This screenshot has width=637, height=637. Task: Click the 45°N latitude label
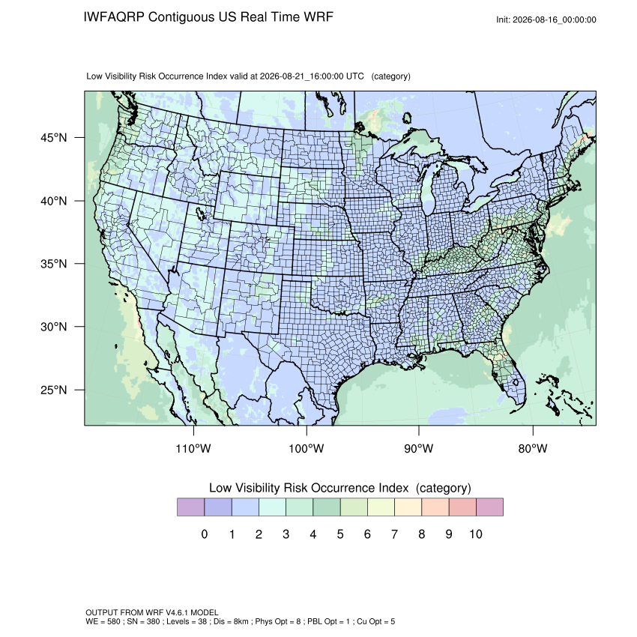click(54, 138)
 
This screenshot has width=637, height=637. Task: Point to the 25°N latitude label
click(54, 390)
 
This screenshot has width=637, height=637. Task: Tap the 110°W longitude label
click(193, 449)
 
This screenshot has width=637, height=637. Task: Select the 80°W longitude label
click(533, 449)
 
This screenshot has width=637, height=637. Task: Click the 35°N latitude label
click(54, 264)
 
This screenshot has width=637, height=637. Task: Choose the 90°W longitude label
click(418, 449)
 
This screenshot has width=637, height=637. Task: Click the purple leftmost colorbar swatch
click(190, 507)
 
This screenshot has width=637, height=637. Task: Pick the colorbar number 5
click(340, 534)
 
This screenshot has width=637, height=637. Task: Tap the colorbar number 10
click(476, 534)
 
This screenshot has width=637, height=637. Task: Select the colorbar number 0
click(205, 534)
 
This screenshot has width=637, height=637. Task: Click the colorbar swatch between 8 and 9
click(435, 507)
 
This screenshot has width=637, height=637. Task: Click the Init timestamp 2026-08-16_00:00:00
click(554, 20)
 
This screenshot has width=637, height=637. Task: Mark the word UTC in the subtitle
click(355, 76)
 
